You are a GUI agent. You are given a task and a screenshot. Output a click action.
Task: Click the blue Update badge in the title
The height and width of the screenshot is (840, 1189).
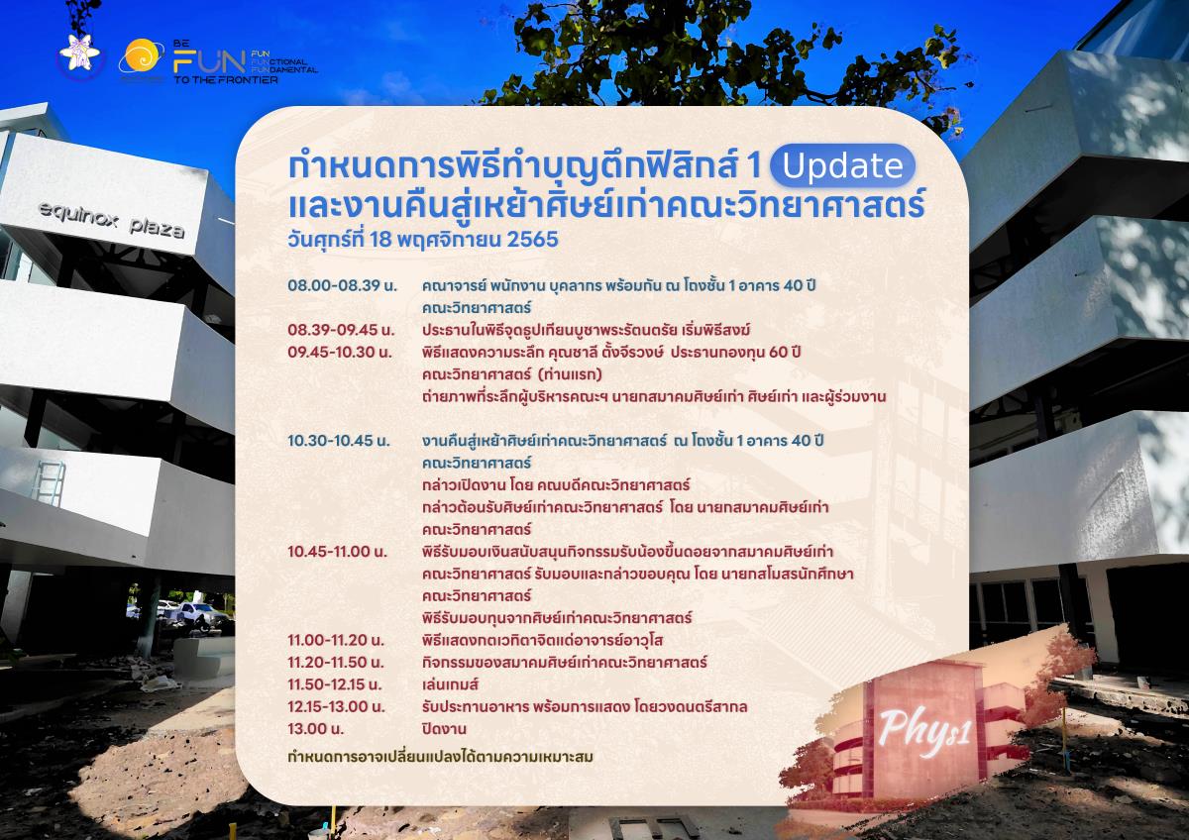(842, 165)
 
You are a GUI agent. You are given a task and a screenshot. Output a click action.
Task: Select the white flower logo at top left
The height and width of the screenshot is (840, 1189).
(79, 53)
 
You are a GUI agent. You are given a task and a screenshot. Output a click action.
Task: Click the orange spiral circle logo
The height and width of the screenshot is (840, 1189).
(141, 55)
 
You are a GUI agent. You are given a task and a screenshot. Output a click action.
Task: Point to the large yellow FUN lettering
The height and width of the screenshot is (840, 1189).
(210, 62)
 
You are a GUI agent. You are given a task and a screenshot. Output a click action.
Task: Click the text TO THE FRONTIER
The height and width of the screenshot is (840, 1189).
(226, 80)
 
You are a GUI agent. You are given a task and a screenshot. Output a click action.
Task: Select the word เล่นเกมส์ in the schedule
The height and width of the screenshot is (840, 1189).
(450, 684)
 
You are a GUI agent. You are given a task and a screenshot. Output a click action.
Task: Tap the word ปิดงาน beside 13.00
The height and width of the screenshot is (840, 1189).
(444, 729)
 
